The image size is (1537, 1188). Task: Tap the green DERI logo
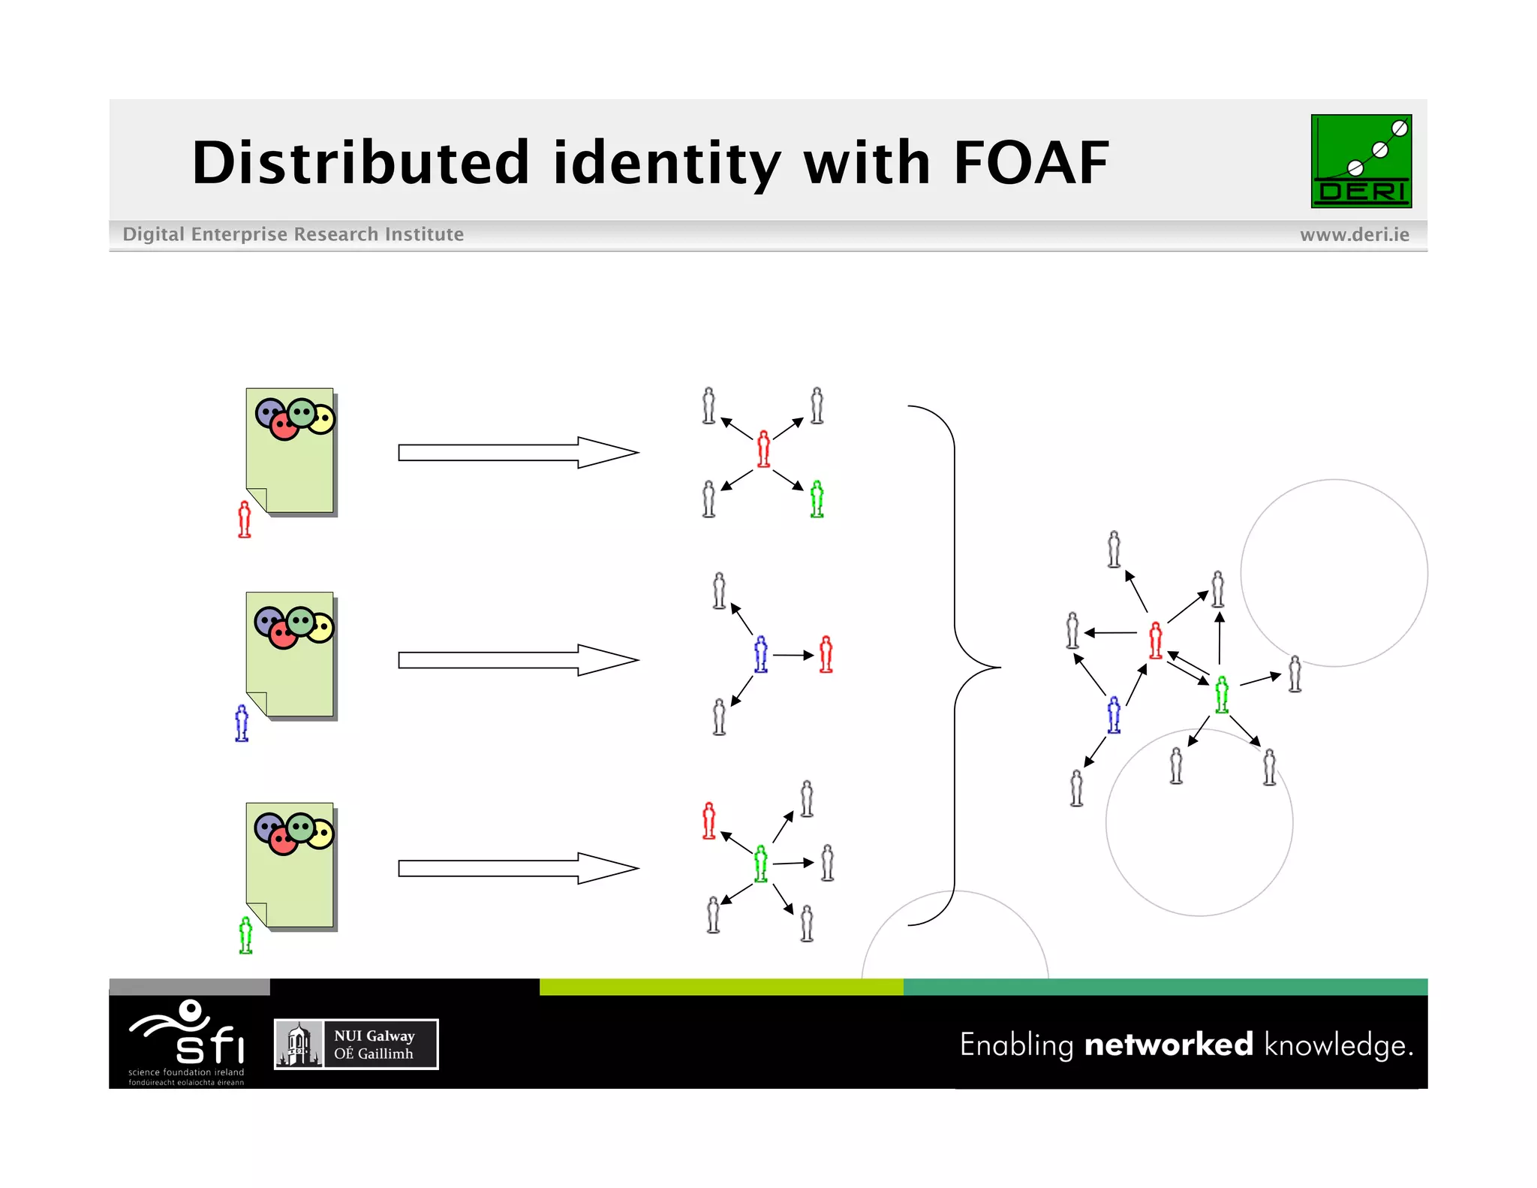pos(1361,161)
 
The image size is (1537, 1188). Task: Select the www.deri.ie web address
pos(1354,235)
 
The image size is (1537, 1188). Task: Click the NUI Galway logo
pos(356,1044)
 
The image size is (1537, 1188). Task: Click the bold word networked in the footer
pos(1168,1045)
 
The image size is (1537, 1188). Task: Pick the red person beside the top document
pos(244,520)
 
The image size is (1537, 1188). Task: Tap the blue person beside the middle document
pos(242,723)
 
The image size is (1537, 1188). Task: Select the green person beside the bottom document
pos(245,935)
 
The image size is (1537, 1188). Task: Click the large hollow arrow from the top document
pos(517,453)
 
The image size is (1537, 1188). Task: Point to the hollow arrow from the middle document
pos(517,660)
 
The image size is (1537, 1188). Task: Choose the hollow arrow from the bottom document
pos(517,868)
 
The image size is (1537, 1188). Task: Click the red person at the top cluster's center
pos(763,449)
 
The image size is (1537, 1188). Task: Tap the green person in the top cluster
pos(817,499)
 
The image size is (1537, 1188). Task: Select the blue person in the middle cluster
pos(761,654)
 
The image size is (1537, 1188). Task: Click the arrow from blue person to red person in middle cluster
pos(793,656)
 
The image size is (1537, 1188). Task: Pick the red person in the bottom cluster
pos(708,820)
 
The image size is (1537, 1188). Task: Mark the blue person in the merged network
pos(1114,714)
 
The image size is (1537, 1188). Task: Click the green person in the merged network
pos(1222,694)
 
